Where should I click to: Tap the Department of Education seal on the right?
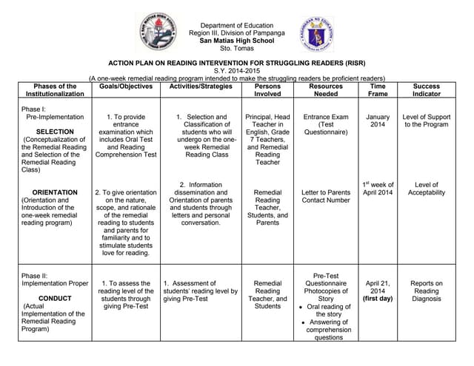318,35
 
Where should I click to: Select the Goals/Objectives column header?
126,87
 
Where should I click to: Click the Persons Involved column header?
267,90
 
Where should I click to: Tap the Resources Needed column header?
326,90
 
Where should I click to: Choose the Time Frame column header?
378,90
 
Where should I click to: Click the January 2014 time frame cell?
378,121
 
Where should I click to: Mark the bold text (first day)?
378,299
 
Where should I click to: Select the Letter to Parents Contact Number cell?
326,196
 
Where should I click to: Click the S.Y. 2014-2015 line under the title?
237,71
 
